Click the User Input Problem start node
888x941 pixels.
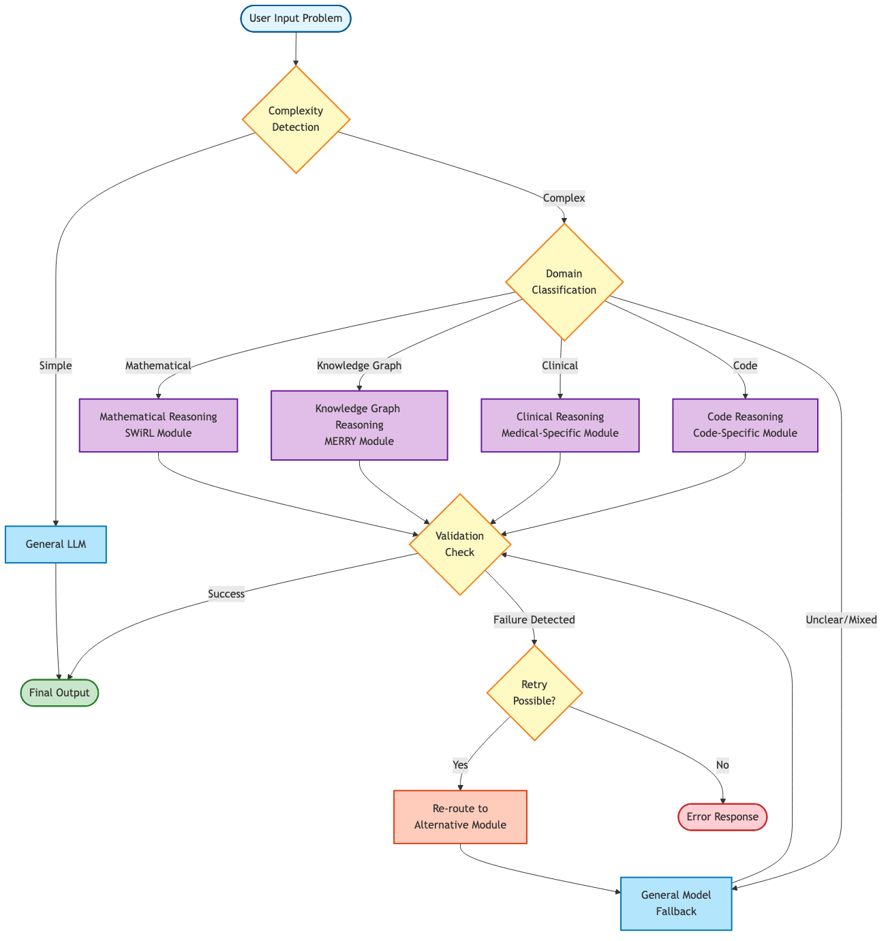[x=296, y=18]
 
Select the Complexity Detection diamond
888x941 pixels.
[x=296, y=119]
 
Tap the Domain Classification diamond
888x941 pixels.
[x=564, y=281]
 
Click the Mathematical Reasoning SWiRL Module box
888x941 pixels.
[x=158, y=425]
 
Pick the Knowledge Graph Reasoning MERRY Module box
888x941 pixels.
[x=359, y=425]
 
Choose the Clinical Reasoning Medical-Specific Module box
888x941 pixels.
[x=560, y=425]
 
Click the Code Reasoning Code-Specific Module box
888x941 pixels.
[x=745, y=425]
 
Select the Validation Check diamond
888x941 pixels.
[x=459, y=544]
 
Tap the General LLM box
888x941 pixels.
[x=56, y=544]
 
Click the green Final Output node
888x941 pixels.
[x=59, y=693]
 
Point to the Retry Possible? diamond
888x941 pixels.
[x=534, y=693]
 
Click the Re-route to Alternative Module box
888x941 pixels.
[x=460, y=817]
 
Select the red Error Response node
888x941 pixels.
[x=722, y=817]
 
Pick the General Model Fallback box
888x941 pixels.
[x=676, y=904]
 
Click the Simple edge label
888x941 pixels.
[x=56, y=366]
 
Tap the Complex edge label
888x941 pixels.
[x=564, y=198]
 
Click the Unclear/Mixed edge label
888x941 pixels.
[x=841, y=620]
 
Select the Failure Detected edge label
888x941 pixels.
[x=534, y=620]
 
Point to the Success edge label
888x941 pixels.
[x=226, y=594]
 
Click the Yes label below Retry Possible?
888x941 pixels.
[x=461, y=765]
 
